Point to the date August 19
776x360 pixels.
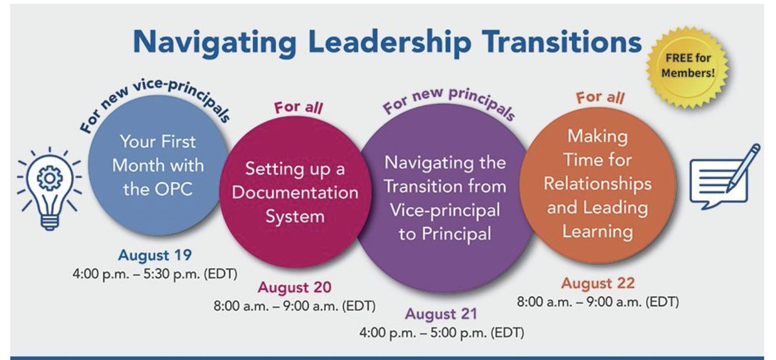pos(155,255)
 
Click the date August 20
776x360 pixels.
pos(295,287)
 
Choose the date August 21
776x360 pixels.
pos(442,315)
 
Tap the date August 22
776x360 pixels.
pos(598,283)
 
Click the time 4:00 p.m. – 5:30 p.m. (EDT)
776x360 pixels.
pos(155,273)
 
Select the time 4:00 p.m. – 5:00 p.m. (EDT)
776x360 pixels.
pos(442,333)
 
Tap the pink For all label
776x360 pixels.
pos(297,107)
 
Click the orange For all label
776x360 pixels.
pos(600,98)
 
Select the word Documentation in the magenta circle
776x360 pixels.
pos(295,193)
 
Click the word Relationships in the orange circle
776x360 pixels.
pos(597,184)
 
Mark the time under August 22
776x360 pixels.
pos(598,302)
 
